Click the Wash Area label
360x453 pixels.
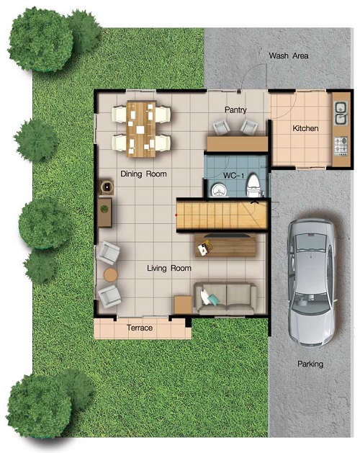click(288, 55)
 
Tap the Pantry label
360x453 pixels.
click(235, 109)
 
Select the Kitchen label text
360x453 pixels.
click(305, 128)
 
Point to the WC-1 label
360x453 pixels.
click(233, 175)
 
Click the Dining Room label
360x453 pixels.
click(143, 174)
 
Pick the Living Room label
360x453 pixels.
click(169, 268)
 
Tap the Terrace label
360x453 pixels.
click(140, 328)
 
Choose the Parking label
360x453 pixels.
click(310, 364)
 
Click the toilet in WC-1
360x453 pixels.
click(253, 185)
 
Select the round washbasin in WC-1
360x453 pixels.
click(220, 190)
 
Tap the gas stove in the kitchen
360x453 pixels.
click(341, 146)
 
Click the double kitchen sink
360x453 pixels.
click(341, 113)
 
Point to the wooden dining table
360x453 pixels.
click(140, 129)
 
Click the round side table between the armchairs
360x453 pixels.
click(110, 274)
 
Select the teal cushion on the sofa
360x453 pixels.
click(213, 300)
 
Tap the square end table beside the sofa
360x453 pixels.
click(183, 305)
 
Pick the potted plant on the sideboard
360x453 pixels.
click(104, 209)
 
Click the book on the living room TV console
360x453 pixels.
click(205, 247)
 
